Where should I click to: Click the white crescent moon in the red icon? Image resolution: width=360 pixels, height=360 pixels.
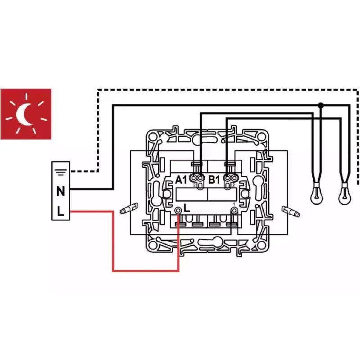coord(21,114)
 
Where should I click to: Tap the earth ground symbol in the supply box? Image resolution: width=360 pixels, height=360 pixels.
coord(61,172)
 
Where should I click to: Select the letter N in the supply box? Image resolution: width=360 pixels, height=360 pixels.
coord(61,191)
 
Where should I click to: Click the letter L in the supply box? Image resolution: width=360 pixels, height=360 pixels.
coord(60,211)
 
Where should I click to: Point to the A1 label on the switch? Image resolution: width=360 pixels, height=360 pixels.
coord(181,180)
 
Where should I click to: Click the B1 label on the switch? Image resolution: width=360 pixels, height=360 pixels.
coord(214,180)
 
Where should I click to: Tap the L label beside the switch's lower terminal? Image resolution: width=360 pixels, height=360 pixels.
coord(187,208)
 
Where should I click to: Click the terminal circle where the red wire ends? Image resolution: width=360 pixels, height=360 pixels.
coord(178,210)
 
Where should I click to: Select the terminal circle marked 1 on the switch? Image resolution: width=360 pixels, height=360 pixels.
coord(234,210)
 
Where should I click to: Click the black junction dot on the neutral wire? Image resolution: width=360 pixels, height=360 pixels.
coord(321,105)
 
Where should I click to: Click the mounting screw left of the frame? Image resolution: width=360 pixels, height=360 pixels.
coord(129,208)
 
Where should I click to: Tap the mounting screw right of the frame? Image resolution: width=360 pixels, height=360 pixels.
coord(291,211)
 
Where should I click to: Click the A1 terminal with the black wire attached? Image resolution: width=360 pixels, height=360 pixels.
coord(200,178)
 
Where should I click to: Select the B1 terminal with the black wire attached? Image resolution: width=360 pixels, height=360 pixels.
coord(227,178)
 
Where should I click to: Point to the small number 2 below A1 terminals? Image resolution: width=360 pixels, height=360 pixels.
coord(194,185)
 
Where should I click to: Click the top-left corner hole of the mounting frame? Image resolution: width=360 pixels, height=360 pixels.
coord(153,137)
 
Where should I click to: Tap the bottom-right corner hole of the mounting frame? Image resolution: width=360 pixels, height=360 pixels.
coord(262,245)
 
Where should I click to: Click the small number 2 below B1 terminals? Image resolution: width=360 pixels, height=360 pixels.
coord(234,185)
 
